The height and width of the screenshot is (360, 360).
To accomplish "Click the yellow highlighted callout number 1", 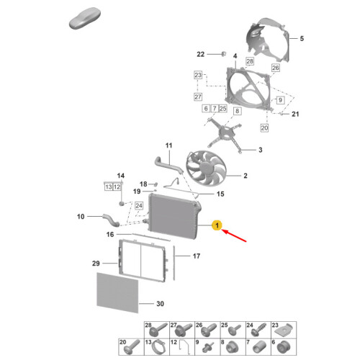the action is point(217,225).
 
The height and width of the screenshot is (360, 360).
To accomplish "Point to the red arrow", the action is point(234,235).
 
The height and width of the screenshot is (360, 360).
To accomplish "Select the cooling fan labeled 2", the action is point(206,168).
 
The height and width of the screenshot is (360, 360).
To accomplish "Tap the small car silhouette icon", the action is point(85,18).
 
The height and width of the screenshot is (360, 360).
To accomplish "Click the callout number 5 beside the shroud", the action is point(302,38).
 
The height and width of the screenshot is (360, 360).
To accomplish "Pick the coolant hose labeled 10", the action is point(111,220).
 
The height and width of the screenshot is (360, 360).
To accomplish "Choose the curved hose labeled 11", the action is point(168,166).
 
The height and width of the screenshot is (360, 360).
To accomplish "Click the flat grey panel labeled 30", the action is point(117,292).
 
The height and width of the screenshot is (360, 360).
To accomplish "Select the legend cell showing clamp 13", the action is point(157,347).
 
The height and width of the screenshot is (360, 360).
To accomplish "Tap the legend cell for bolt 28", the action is point(157,330).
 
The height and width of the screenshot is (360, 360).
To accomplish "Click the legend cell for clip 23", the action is point(284,330).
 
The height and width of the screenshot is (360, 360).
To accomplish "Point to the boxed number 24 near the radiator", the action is point(139,206).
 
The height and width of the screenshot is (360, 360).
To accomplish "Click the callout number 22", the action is point(201,55).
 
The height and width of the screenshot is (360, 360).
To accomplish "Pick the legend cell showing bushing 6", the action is point(284,347).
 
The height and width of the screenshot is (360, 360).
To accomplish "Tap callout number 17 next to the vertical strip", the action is point(197,256).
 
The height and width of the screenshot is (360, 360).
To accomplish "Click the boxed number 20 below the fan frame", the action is point(264,127).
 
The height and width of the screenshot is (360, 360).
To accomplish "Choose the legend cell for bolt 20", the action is point(131,347).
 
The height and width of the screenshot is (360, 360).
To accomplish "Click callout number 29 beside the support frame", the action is point(96,264).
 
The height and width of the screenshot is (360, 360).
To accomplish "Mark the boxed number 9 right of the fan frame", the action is point(280,100).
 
